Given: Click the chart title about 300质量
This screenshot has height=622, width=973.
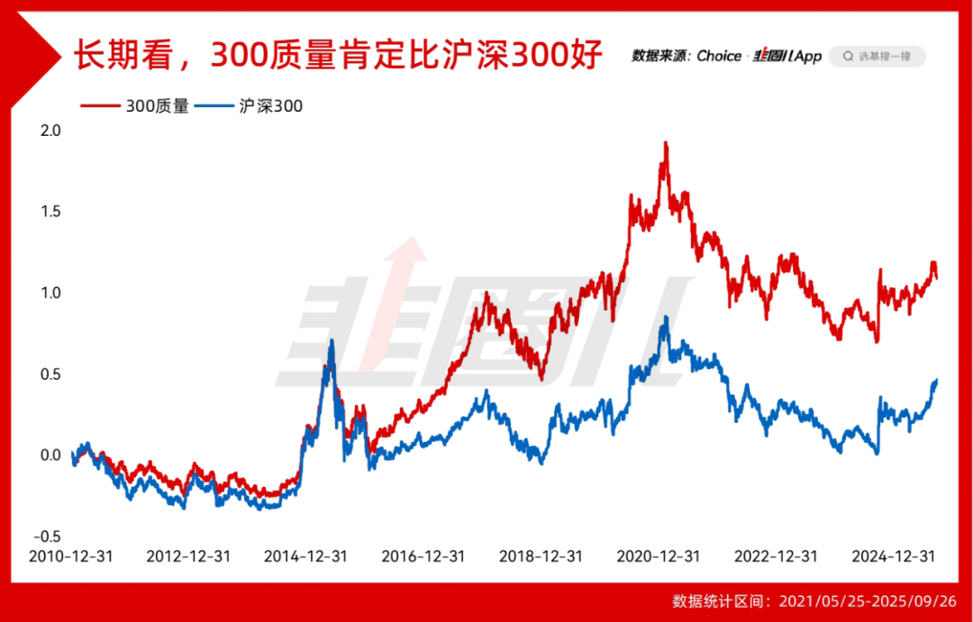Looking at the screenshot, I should coord(337,56).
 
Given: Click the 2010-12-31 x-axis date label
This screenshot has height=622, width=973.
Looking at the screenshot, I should coord(71,556).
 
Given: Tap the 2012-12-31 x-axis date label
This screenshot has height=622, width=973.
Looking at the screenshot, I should coord(188,556).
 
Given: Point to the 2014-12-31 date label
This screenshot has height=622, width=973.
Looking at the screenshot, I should coord(306,556).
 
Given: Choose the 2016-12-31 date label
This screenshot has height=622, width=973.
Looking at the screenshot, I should coord(423,556).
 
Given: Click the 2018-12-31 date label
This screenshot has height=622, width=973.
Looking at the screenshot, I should coord(541,556).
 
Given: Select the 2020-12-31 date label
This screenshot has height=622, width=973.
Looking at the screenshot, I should coord(659,556).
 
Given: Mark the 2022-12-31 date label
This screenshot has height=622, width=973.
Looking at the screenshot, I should coord(777,556).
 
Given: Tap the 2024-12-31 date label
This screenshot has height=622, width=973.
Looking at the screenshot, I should coord(894,556).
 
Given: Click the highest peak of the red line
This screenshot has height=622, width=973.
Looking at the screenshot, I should coord(666,143).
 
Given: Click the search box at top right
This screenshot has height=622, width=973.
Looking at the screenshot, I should coord(877,56).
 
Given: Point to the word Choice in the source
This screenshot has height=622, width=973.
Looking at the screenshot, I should coord(719,56).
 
